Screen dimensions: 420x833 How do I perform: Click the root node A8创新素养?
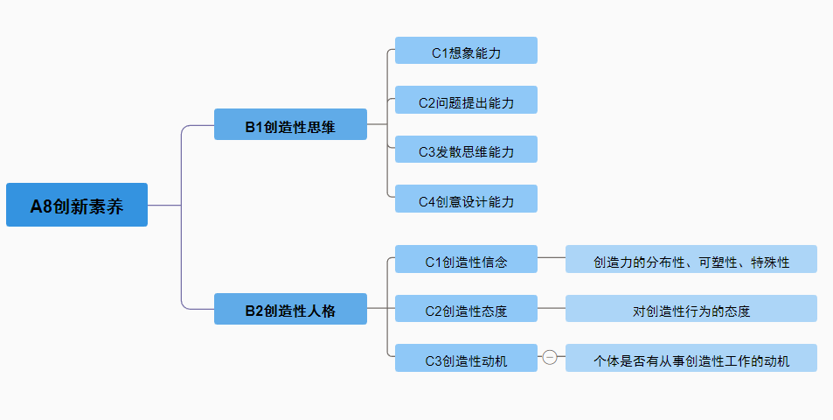tap(77, 205)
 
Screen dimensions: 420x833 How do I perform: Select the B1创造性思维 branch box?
tap(290, 125)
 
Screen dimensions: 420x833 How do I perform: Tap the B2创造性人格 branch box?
tap(290, 309)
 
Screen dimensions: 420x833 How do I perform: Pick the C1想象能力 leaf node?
tap(466, 51)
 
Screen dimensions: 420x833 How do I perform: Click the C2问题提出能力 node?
tap(466, 101)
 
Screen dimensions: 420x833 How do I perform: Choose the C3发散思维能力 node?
tap(466, 150)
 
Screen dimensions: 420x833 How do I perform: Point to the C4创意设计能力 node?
tap(466, 199)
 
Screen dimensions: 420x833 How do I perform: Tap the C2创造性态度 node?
tap(466, 309)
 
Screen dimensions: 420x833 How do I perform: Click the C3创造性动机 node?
tap(466, 358)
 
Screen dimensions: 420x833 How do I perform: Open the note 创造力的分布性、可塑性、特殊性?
tap(691, 260)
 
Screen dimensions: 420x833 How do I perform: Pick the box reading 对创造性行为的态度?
tap(691, 309)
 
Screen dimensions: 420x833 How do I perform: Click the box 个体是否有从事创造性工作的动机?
tap(691, 359)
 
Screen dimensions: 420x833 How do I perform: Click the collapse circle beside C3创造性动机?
tap(550, 357)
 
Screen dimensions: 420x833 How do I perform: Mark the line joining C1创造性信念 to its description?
tap(552, 258)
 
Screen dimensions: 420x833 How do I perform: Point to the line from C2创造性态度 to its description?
tap(552, 308)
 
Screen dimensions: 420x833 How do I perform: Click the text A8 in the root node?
tap(41, 206)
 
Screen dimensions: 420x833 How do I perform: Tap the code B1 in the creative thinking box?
tap(253, 127)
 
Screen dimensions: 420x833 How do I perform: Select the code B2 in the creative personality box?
tap(253, 311)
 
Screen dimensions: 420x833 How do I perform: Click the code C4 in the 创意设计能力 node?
tap(427, 201)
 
